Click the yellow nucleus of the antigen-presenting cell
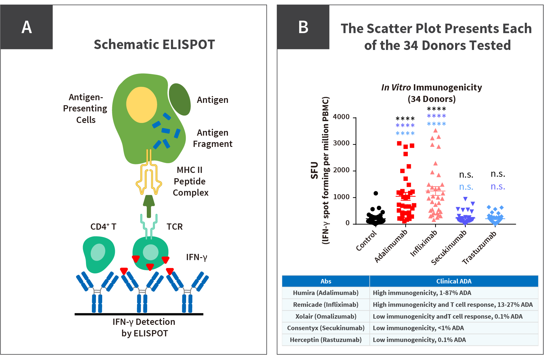(141, 105)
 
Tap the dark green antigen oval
(179, 99)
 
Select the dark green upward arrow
(149, 206)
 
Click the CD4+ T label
(103, 227)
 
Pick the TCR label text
(175, 227)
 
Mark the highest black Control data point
(376, 193)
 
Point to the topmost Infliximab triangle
(435, 130)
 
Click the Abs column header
(326, 281)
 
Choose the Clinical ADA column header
(454, 281)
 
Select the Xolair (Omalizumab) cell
(326, 316)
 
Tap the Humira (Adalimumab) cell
(326, 293)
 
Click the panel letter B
(303, 27)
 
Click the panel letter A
(27, 27)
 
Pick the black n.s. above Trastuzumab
(498, 174)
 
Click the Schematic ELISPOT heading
(154, 45)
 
